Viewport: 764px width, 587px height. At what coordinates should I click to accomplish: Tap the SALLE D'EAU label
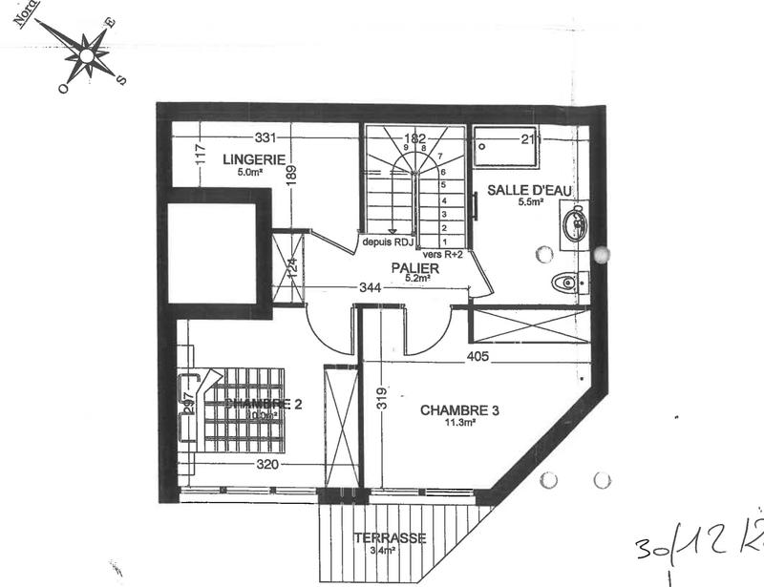coord(529,190)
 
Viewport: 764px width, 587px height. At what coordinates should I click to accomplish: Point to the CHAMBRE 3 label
coord(460,410)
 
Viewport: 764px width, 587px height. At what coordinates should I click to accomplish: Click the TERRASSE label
coord(389,537)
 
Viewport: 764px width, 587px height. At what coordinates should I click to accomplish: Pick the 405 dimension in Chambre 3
coord(478,358)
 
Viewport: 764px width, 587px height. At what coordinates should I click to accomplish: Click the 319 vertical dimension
coord(381,397)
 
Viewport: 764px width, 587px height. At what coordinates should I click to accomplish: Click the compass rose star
coord(88,53)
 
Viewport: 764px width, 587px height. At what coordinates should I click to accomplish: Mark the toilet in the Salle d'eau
coord(568,282)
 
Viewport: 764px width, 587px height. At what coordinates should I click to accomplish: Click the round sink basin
coord(574,225)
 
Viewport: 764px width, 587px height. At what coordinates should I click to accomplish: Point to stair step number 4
coord(443,201)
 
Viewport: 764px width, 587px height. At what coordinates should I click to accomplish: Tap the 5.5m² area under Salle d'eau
coord(530,202)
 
